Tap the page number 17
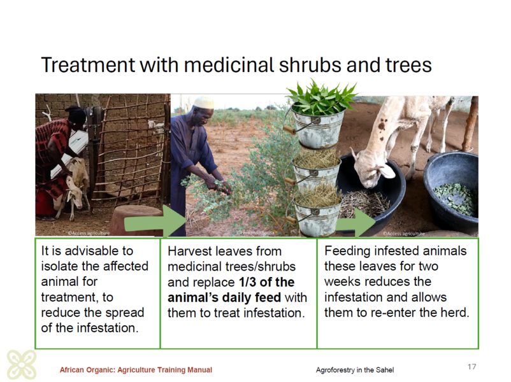[x=471, y=367]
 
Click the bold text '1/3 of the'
[x=266, y=282]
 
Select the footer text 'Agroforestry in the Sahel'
[x=354, y=370]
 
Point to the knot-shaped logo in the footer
[x=22, y=364]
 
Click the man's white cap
[x=204, y=103]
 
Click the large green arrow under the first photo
[x=155, y=222]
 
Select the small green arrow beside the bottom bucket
[x=356, y=223]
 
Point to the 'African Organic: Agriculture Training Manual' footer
[x=136, y=370]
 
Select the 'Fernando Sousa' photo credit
[x=256, y=233]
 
